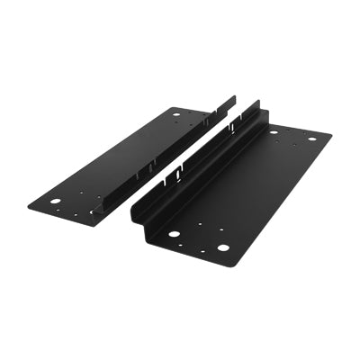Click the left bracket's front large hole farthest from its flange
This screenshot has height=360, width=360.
55,202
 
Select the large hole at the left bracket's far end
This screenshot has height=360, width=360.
175,114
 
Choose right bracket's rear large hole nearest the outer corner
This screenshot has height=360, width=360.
312,139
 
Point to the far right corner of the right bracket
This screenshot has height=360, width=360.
331,137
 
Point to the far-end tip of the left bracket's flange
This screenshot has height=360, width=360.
234,96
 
